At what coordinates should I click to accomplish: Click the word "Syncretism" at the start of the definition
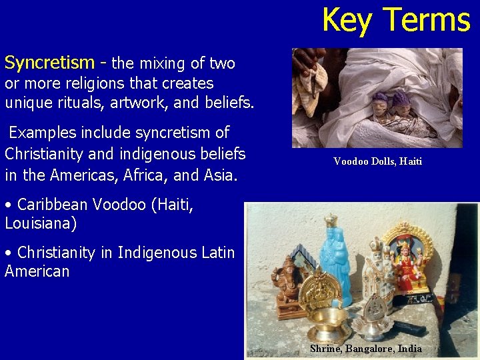click(49, 63)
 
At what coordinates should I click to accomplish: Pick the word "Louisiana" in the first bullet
click(38, 223)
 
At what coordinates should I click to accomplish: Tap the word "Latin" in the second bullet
click(216, 253)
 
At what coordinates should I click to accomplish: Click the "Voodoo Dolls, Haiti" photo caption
click(377, 161)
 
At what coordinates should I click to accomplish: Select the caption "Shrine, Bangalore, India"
click(365, 349)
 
